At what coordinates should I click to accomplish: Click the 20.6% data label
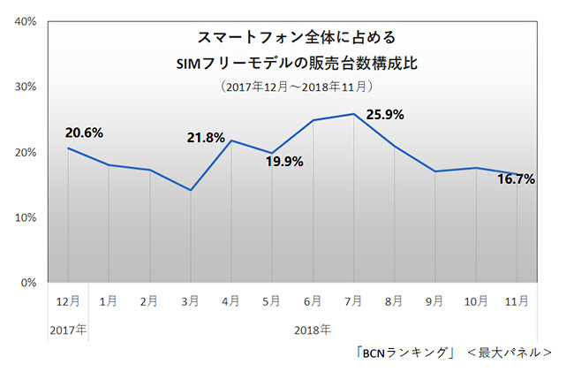pyautogui.click(x=85, y=133)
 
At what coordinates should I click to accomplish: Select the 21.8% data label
pyautogui.click(x=206, y=138)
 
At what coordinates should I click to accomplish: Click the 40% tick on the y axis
pyautogui.click(x=24, y=21)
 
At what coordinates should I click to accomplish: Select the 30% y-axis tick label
pyautogui.click(x=24, y=87)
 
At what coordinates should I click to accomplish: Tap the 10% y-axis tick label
pyautogui.click(x=24, y=217)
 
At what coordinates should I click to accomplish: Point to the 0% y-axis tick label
pyautogui.click(x=27, y=283)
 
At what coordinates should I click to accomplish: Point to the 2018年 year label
pyautogui.click(x=313, y=330)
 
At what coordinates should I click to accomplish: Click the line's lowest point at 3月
pyautogui.click(x=191, y=190)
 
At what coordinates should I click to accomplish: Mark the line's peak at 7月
pyautogui.click(x=353, y=114)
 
